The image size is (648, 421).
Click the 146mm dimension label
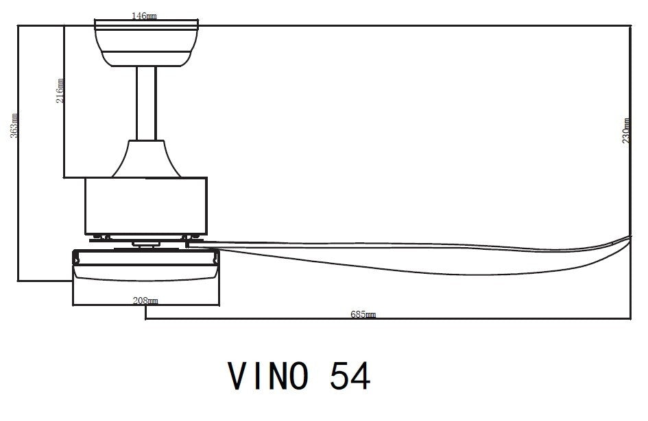(x=146, y=16)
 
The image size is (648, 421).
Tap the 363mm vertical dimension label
(x=14, y=126)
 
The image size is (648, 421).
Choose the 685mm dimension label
(x=363, y=314)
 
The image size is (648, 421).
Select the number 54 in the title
(x=350, y=375)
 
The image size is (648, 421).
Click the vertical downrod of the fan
(x=146, y=103)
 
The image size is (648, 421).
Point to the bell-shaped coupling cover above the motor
(x=146, y=157)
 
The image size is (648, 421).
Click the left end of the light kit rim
(x=75, y=258)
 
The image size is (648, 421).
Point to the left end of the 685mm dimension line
(x=146, y=319)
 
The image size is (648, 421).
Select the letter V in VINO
(x=239, y=375)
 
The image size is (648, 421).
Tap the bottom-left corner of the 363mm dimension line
(x=19, y=281)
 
